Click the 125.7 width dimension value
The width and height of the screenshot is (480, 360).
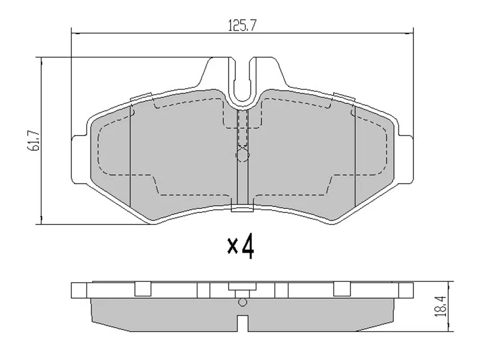click(242, 26)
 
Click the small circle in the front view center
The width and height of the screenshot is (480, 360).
click(242, 156)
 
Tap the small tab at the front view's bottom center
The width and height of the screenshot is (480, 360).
click(242, 209)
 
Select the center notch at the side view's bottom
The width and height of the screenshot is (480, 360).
click(242, 324)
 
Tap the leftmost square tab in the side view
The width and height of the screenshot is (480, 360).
click(142, 289)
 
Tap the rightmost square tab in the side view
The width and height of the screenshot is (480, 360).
click(341, 289)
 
